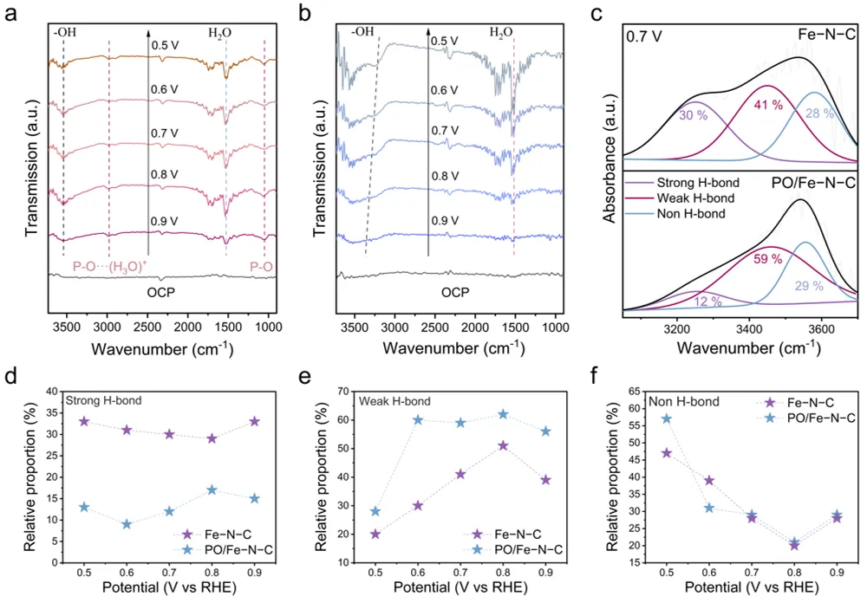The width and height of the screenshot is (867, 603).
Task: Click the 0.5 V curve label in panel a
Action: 166,46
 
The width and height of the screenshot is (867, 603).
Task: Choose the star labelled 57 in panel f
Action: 667,418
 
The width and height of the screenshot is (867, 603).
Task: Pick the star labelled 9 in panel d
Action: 127,523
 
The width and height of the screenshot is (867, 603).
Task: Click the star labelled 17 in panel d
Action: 211,490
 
